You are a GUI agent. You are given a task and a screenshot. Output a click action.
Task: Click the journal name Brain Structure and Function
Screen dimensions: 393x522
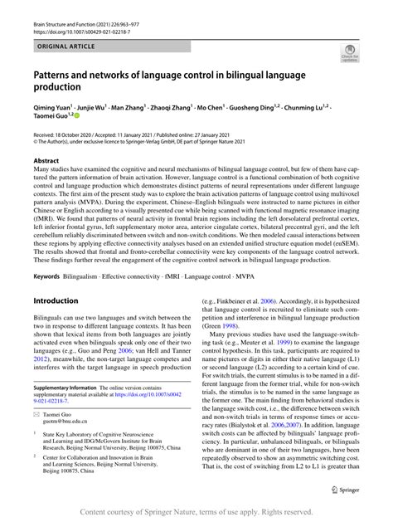pyautogui.click(x=70, y=8)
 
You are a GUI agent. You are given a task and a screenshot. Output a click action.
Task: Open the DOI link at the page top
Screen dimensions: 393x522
pyautogui.click(x=82, y=17)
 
